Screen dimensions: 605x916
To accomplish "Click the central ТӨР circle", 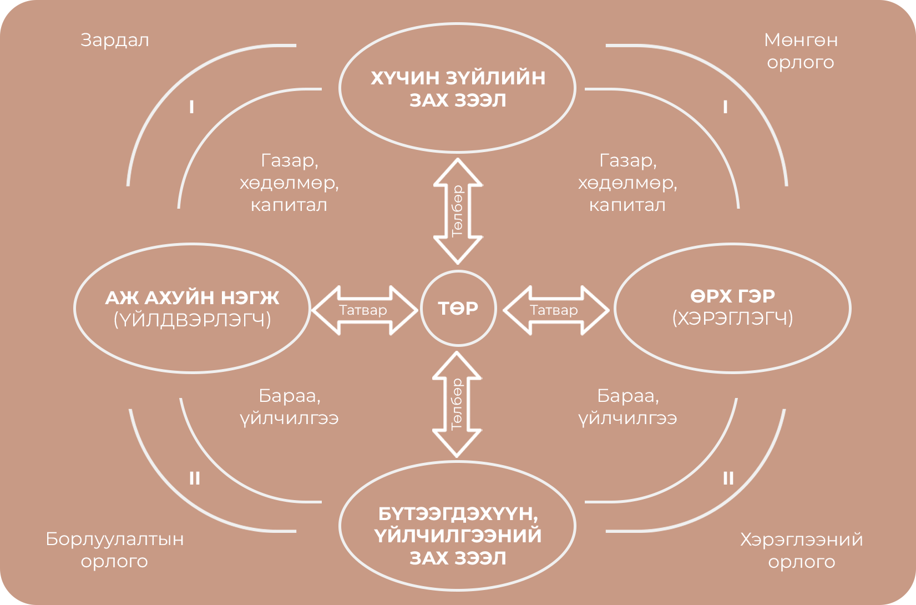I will coord(458,308).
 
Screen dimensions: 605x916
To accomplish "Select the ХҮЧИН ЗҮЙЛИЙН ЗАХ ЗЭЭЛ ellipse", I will coord(458,88).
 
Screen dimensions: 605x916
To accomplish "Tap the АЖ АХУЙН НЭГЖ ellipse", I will coord(192,308).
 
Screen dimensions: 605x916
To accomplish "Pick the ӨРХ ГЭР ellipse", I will coord(732,308).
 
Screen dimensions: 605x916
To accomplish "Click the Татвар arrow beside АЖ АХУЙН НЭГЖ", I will coord(364,310).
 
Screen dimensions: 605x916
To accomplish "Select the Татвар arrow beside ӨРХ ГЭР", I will coord(555,310).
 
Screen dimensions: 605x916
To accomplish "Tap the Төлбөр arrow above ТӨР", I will coord(458,211).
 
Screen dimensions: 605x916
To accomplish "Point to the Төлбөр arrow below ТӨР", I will coord(457,405).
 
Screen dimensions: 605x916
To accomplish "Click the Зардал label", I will coord(115,41).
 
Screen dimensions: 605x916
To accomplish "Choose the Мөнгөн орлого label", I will coord(801,51).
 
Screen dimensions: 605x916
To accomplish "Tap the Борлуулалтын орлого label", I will coord(114,549).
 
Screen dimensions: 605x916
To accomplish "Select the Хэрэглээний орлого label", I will coord(801,550).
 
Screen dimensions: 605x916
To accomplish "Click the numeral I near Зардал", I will coord(192,107).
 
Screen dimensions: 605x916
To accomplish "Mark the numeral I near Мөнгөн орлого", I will coord(725,107).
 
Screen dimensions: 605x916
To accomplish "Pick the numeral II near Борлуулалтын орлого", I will coord(194,478).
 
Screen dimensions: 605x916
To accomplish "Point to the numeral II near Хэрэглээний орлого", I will coord(728,478).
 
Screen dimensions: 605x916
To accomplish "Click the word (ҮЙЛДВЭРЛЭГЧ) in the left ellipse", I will coord(192,320).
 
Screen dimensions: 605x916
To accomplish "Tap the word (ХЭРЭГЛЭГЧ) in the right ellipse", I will coord(732,319).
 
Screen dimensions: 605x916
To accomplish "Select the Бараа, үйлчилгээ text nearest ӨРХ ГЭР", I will coord(627,407).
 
